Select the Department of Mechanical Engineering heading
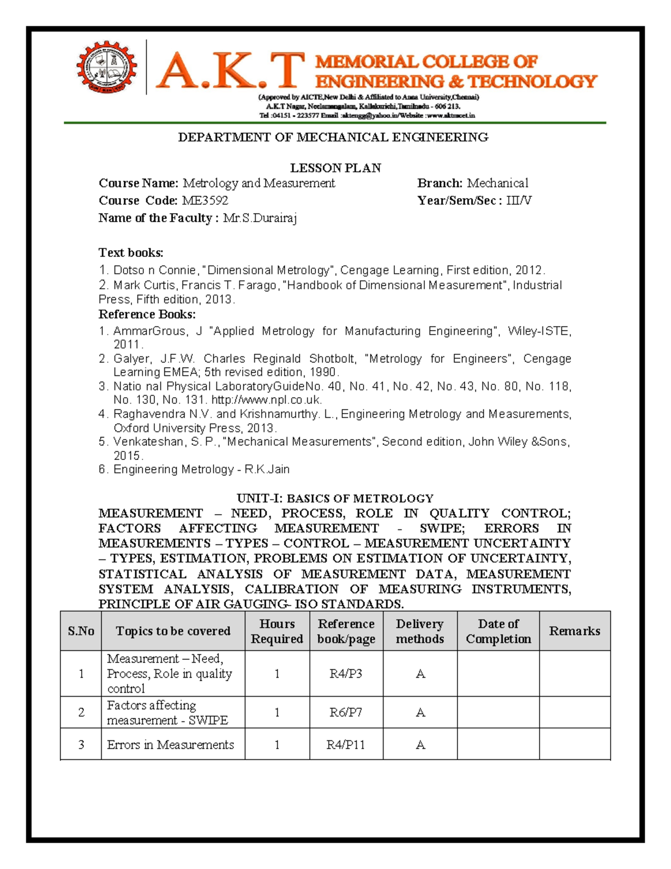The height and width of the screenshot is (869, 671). tap(333, 137)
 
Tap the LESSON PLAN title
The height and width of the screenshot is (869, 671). tap(335, 168)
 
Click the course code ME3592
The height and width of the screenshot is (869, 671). tap(205, 200)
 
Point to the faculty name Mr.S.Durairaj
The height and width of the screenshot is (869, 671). tap(259, 218)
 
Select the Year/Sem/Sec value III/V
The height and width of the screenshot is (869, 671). tap(518, 200)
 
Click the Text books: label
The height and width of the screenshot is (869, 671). tap(131, 252)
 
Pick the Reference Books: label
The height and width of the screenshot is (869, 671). tap(147, 314)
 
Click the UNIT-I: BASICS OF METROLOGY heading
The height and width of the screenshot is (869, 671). tap(335, 498)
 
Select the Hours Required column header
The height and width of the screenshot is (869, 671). tap(277, 631)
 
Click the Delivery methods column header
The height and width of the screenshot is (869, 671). tap(419, 631)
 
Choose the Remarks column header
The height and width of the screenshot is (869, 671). tap(574, 631)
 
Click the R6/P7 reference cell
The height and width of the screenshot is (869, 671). tap(346, 712)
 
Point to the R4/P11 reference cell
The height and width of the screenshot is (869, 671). tap(346, 745)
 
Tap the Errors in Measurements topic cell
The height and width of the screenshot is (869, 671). tap(171, 745)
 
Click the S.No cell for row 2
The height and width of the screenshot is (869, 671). tap(81, 712)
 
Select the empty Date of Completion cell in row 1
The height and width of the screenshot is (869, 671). tap(498, 674)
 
